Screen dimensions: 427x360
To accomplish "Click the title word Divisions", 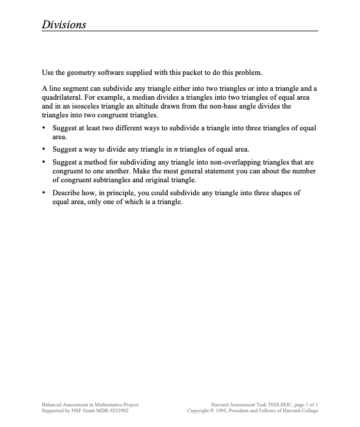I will coord(64,24).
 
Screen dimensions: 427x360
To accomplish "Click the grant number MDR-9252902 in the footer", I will coord(108,410).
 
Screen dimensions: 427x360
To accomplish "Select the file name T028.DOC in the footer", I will coord(279,404).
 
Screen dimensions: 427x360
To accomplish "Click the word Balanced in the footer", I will coord(53,404).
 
